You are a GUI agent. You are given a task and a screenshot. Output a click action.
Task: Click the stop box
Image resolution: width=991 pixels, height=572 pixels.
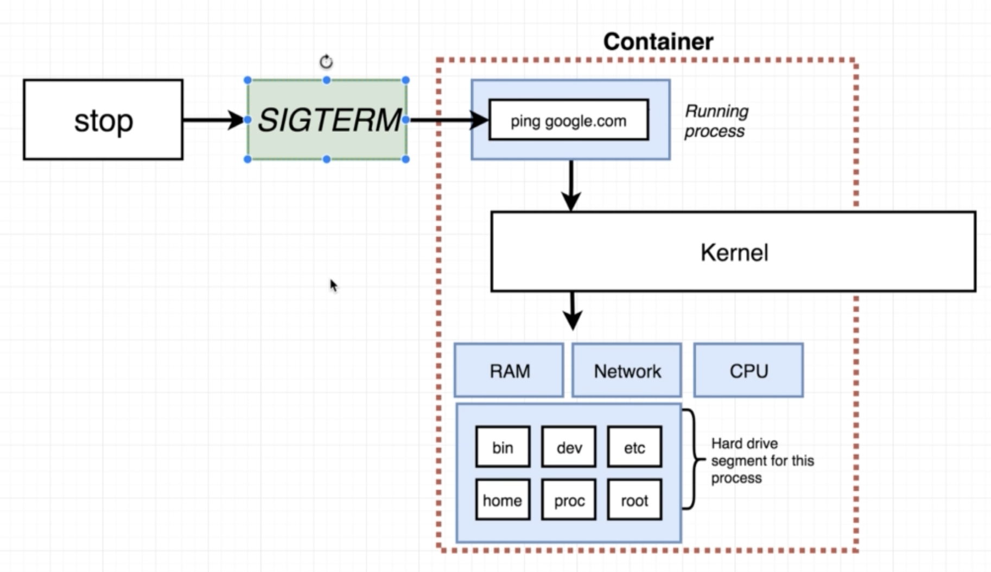(x=103, y=120)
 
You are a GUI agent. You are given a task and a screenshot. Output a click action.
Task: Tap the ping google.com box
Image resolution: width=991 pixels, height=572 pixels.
(x=568, y=120)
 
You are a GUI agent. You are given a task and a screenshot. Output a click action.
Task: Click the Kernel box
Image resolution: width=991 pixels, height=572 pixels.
(x=733, y=252)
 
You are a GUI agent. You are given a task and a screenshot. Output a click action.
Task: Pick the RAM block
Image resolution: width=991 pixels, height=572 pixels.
(x=509, y=371)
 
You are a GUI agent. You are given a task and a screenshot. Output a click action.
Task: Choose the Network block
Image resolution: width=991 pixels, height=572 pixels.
(x=627, y=371)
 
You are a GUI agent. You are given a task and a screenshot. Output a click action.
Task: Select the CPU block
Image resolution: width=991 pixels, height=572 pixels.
(x=748, y=371)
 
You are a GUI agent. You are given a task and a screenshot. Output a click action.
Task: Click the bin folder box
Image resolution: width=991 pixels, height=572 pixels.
(x=503, y=447)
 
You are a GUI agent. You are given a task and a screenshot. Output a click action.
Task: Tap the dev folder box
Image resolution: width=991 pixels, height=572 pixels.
(x=569, y=447)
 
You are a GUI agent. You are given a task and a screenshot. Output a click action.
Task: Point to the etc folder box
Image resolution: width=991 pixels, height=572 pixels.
(x=634, y=447)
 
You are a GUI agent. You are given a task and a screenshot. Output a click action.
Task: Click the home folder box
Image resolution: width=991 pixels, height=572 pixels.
(x=503, y=500)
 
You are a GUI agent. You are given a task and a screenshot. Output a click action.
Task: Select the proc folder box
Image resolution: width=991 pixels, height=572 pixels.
(x=569, y=500)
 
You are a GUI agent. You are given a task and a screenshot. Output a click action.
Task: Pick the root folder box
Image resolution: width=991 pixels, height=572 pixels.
(x=634, y=500)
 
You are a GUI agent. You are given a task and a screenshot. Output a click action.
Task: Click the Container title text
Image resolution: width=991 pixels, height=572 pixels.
(x=658, y=42)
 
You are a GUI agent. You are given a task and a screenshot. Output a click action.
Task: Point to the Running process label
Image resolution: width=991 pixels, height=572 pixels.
(x=716, y=121)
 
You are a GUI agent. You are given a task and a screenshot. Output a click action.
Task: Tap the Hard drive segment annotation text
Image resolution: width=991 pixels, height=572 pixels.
(x=762, y=461)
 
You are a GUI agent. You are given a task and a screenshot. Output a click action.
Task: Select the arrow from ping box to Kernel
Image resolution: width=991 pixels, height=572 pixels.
(x=571, y=185)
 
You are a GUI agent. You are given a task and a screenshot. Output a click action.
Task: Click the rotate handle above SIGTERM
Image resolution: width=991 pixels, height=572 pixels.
(x=326, y=62)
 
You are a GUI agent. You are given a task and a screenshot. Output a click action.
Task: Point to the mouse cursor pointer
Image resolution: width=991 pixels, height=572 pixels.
(x=333, y=285)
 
